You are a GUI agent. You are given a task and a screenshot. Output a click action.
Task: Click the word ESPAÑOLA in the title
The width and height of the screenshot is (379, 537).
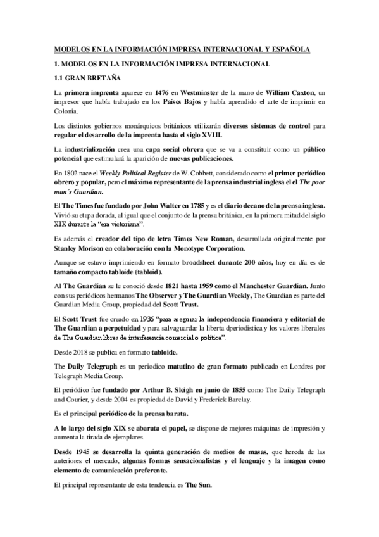point(289,47)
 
